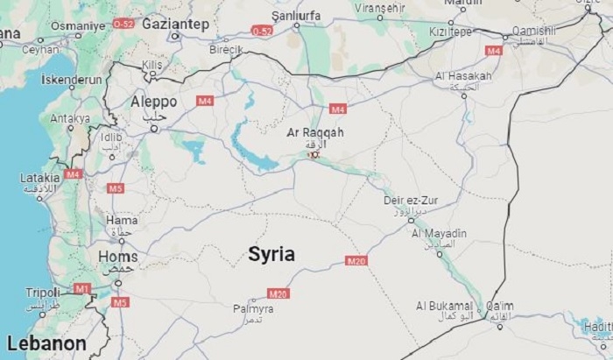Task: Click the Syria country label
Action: [x=271, y=255]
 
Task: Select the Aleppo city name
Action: [x=153, y=102]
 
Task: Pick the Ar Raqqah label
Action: [x=315, y=132]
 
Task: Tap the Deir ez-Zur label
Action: [x=410, y=201]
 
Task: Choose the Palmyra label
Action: [x=253, y=309]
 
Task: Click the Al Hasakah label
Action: [x=463, y=76]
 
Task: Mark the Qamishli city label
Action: [x=533, y=30]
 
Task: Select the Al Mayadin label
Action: [x=439, y=234]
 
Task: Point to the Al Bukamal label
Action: [x=445, y=306]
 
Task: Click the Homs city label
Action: [x=118, y=257]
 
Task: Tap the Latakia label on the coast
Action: [x=39, y=178]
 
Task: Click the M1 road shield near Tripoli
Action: [x=82, y=288]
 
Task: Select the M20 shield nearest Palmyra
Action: [x=278, y=293]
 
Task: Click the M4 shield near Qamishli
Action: [x=494, y=51]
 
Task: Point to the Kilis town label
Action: [x=153, y=66]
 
